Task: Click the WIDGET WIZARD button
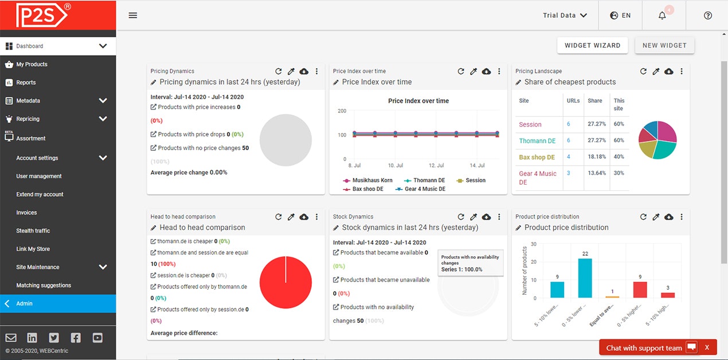pos(592,45)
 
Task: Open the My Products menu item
pos(32,64)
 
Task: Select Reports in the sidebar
pos(26,83)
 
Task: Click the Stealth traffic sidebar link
pos(33,230)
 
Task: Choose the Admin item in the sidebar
pos(25,304)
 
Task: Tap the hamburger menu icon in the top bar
pos(133,15)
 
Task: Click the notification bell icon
pos(662,15)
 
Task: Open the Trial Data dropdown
pos(565,15)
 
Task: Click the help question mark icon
pos(707,15)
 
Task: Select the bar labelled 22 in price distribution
pos(585,278)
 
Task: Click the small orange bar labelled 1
pos(612,296)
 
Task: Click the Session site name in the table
pos(530,124)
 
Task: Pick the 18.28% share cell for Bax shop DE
pos(596,156)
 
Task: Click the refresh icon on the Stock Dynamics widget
pos(461,217)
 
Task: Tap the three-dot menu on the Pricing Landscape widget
pos(682,71)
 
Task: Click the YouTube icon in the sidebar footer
pos(97,338)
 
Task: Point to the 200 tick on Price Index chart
pos(342,111)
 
